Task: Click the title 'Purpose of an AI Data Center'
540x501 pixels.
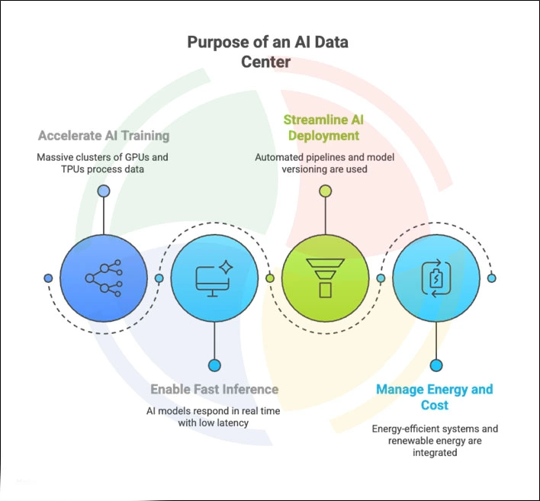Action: pos(267,51)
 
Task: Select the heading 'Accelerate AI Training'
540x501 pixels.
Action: pos(104,136)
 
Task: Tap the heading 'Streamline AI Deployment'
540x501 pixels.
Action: pos(321,127)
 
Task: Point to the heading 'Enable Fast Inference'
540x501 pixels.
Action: pos(214,389)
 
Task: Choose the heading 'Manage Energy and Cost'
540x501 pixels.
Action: pos(435,397)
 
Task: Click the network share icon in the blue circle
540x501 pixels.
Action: pos(104,278)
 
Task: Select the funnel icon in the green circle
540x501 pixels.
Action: pos(326,278)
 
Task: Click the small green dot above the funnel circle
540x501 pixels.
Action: pos(326,190)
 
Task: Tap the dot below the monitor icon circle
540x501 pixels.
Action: pos(214,365)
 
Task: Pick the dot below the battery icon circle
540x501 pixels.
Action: pos(436,365)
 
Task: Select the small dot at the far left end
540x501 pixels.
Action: pos(48,278)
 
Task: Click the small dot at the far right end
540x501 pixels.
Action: pos(492,278)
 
